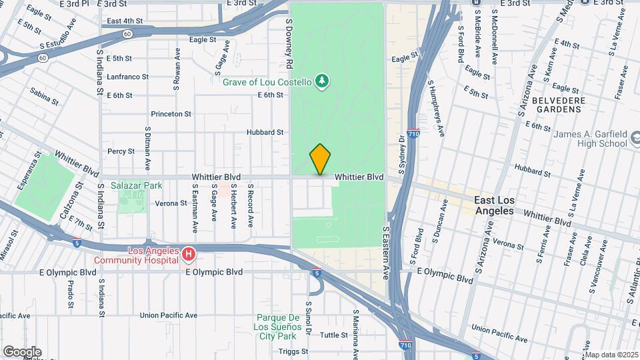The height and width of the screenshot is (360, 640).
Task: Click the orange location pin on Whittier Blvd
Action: click(x=321, y=159)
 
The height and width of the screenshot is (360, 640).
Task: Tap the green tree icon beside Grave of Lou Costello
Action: click(x=322, y=81)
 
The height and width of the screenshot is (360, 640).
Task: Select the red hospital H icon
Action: click(x=189, y=255)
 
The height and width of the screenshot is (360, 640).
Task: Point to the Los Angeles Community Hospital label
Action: click(x=137, y=255)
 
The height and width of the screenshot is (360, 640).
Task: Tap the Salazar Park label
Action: click(x=127, y=185)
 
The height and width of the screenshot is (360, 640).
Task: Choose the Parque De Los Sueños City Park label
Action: click(x=283, y=323)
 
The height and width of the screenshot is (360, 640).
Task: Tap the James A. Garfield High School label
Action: click(x=591, y=139)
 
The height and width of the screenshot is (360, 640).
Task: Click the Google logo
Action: click(x=22, y=351)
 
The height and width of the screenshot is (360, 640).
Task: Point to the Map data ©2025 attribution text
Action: click(x=611, y=354)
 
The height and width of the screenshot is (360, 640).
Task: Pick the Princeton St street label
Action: click(x=171, y=114)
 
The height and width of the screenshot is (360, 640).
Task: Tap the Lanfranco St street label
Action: click(x=127, y=77)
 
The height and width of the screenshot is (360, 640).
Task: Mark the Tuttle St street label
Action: click(x=335, y=335)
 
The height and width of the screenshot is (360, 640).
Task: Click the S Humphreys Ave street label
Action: click(x=436, y=108)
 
